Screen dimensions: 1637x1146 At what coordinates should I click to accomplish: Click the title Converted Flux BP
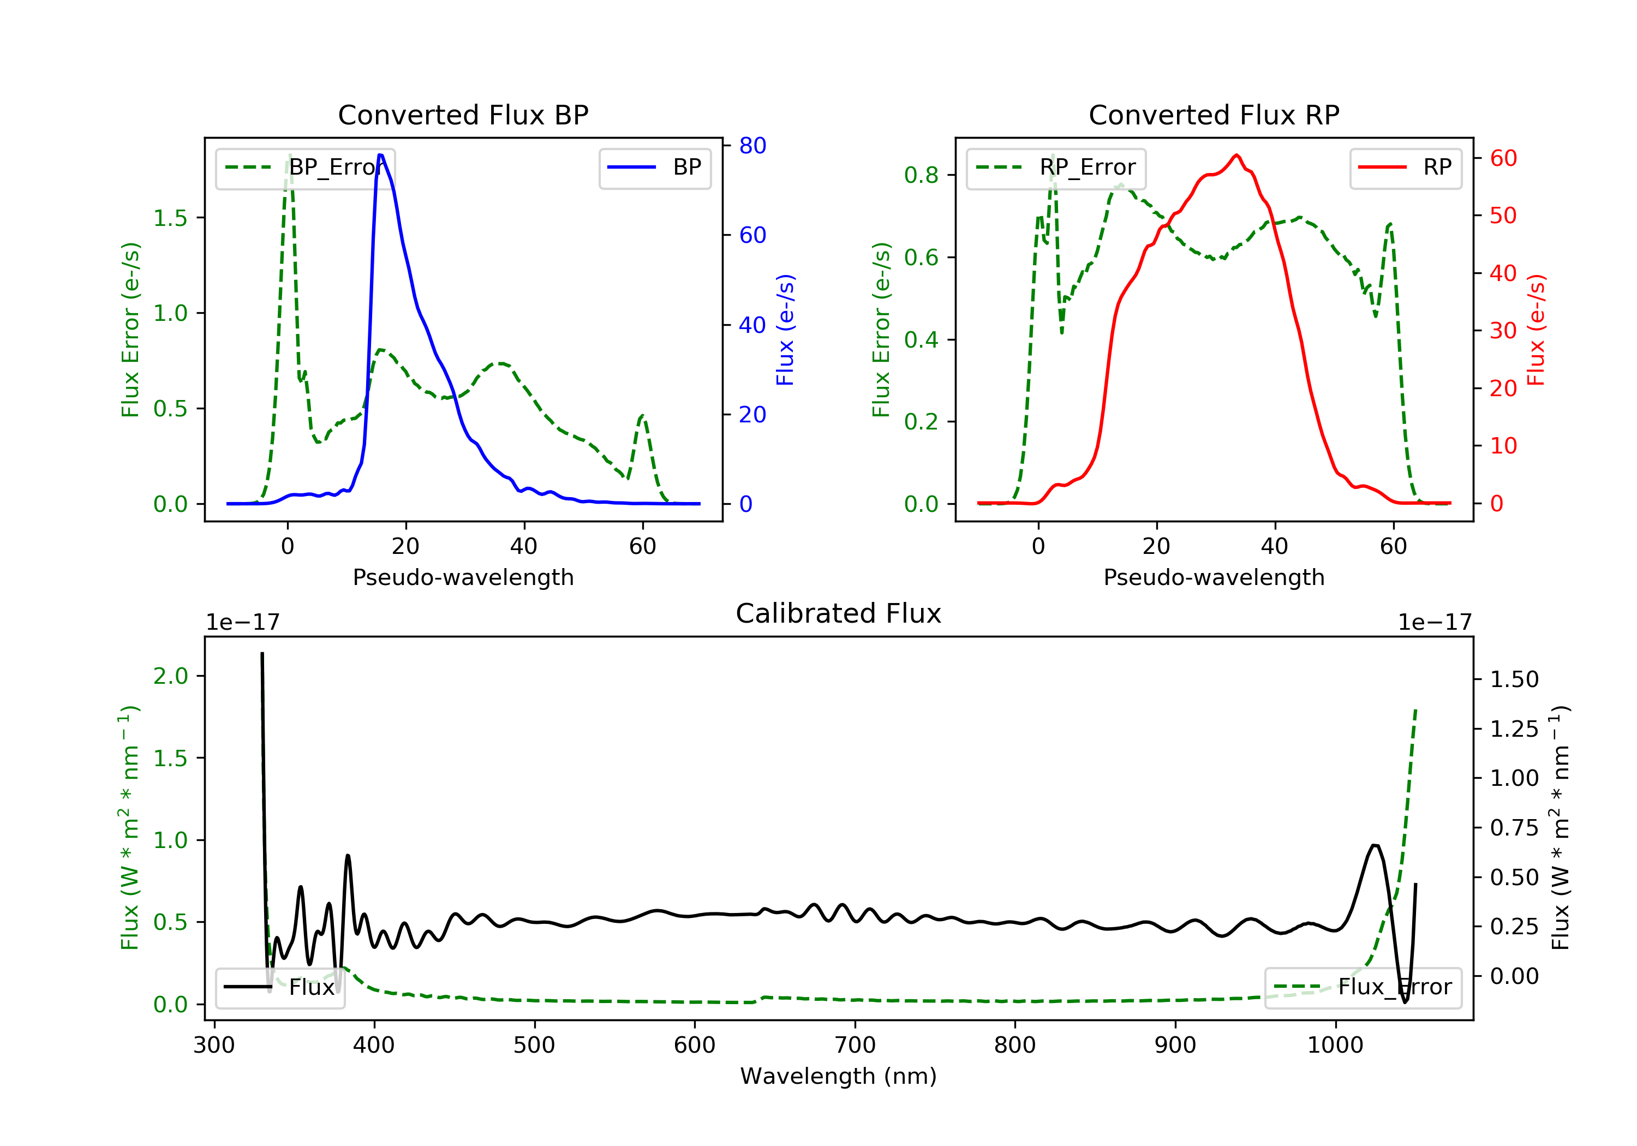click(463, 115)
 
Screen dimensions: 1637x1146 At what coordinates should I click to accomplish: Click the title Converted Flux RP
click(1214, 115)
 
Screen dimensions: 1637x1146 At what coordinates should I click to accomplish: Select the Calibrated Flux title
click(839, 613)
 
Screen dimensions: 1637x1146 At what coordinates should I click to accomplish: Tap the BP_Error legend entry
click(305, 168)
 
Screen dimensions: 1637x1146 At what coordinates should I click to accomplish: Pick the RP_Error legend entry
click(1056, 168)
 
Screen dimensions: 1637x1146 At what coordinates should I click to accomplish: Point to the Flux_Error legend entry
click(1363, 987)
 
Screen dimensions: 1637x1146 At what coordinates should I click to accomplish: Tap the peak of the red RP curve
click(1236, 156)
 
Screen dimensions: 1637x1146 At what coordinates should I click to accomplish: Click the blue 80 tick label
click(752, 146)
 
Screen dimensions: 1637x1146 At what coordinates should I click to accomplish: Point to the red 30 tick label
click(1503, 331)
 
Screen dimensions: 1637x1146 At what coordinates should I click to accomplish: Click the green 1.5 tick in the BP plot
click(170, 218)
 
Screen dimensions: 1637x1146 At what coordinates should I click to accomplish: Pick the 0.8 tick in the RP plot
click(921, 175)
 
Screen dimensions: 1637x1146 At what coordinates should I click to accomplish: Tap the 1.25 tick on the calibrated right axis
click(1514, 729)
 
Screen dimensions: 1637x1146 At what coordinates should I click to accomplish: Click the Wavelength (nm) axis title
click(839, 1076)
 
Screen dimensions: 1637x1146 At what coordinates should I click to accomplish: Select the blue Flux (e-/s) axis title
click(785, 330)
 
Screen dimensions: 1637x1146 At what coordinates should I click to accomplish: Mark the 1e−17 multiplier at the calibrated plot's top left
click(242, 623)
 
